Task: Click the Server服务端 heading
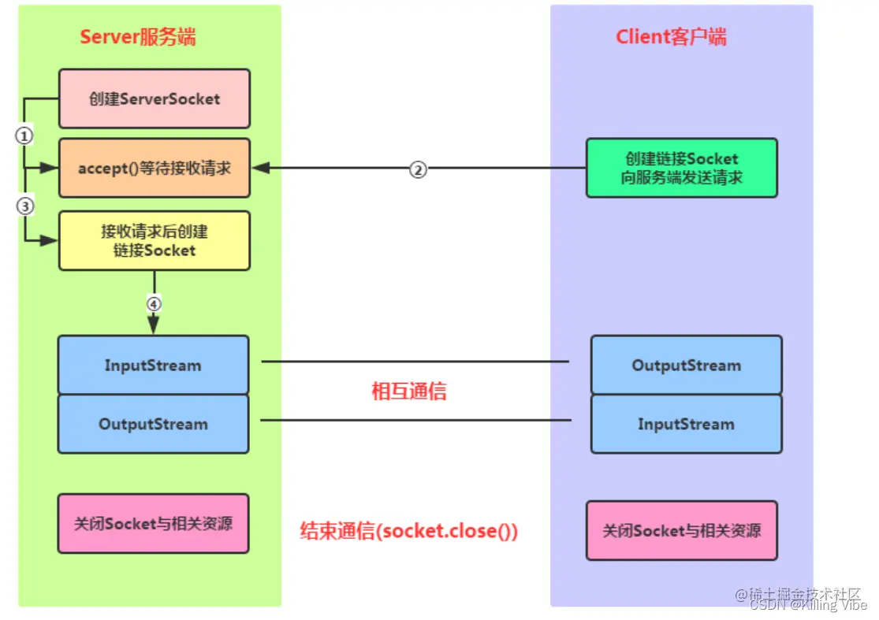click(137, 36)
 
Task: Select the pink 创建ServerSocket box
click(154, 99)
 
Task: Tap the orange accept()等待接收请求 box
click(154, 168)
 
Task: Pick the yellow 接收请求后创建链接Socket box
click(154, 240)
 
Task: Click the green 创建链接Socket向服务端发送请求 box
click(681, 168)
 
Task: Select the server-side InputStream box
click(153, 366)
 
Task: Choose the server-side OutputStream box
click(153, 424)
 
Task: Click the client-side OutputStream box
click(686, 366)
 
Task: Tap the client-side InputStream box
click(686, 424)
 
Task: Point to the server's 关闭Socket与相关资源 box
click(153, 523)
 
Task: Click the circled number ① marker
click(24, 136)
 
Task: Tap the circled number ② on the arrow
click(419, 169)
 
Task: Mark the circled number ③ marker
click(24, 206)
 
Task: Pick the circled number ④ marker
click(154, 303)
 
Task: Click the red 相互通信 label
click(408, 392)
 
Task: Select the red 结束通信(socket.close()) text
click(408, 530)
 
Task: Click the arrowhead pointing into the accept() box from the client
click(259, 169)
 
